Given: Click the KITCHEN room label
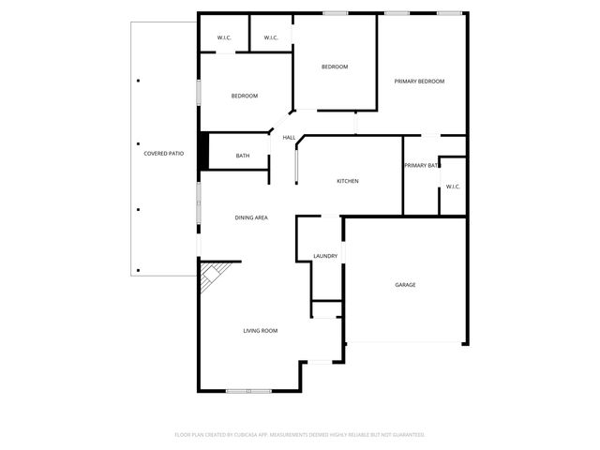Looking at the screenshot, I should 348,181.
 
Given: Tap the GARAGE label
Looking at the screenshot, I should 405,285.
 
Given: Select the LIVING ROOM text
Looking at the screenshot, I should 260,330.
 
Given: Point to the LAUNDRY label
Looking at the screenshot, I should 325,256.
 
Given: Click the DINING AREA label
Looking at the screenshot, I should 251,217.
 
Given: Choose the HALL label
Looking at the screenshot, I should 289,138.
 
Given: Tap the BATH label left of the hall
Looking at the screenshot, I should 243,156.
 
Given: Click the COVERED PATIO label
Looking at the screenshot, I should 163,153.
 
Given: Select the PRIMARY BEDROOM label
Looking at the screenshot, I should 419,82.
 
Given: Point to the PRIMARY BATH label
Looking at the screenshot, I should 421,165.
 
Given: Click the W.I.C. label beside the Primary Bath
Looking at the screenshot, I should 453,187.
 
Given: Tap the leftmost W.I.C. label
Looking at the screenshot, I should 224,37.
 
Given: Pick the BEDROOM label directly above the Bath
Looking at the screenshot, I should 245,96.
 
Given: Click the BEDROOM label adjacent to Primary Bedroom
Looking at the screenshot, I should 335,67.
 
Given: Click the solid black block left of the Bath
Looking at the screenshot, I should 202,155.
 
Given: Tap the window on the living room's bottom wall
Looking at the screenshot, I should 249,390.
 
